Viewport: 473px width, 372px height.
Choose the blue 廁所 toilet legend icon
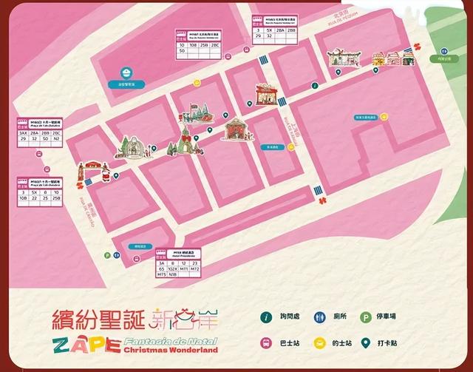[321, 317]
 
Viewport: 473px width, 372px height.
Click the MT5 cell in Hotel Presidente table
[162, 275]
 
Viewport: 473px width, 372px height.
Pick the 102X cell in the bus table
[176, 268]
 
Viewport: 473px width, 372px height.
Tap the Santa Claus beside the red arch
[105, 177]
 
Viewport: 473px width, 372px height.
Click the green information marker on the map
[314, 86]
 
